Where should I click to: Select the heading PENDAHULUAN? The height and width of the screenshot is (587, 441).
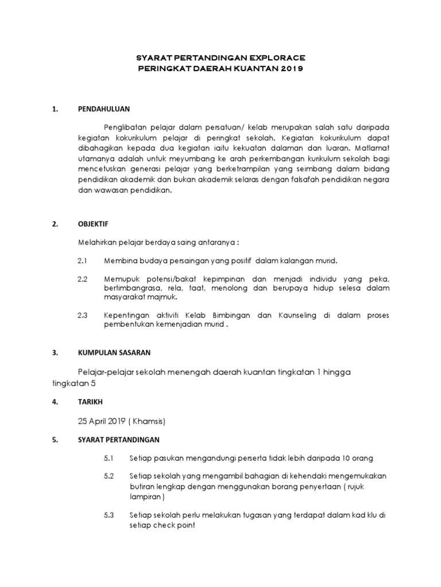[104, 108]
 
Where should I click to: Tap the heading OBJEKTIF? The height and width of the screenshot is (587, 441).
[92, 224]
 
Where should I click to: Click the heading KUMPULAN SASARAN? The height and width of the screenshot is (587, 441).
[114, 353]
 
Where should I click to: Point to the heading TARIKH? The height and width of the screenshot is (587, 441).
[90, 402]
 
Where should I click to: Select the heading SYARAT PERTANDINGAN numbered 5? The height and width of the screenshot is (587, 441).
[119, 440]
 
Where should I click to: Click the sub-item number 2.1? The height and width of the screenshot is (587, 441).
[82, 261]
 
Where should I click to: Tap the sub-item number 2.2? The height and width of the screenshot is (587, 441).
[82, 279]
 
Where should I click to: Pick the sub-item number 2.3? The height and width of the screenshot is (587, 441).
[82, 315]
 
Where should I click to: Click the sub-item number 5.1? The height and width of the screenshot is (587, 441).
[109, 458]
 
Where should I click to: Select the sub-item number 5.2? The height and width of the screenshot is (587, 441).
[109, 476]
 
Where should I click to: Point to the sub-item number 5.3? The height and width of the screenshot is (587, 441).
[109, 515]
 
